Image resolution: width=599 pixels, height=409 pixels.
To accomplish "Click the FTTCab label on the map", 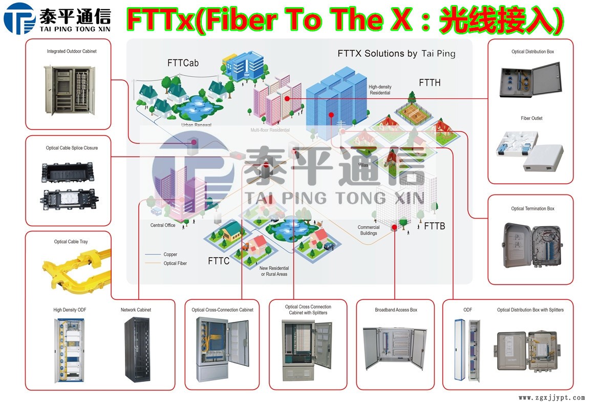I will coord(183,63).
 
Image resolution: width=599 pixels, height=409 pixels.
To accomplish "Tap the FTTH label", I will coord(430,82).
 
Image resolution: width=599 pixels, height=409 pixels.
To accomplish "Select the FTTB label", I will coord(435,226).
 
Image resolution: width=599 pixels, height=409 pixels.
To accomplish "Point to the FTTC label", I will coord(219,261).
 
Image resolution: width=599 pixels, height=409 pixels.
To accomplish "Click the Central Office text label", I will coord(163,225).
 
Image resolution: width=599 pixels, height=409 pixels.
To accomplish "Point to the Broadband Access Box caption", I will coord(396,310).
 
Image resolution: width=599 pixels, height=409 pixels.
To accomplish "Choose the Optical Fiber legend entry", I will coord(175,264).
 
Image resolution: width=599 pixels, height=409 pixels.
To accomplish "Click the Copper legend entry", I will coord(170,254).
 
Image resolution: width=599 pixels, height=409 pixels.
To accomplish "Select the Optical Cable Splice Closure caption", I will coord(72,148).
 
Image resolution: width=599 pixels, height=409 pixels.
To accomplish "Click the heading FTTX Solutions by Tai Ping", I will coord(396,53).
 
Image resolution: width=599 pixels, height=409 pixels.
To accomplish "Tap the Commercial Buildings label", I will coord(369,230).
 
